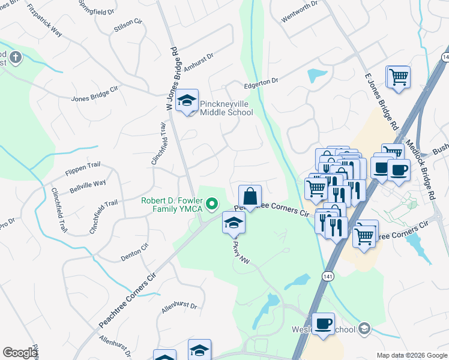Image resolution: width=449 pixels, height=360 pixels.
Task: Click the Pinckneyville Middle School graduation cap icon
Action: pyautogui.click(x=188, y=100)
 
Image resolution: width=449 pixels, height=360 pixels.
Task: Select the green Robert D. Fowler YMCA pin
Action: pyautogui.click(x=211, y=205)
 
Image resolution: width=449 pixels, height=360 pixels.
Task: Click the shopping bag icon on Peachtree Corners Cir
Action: pyautogui.click(x=250, y=196)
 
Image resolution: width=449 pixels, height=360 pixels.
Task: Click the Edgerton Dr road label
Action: pyautogui.click(x=261, y=83)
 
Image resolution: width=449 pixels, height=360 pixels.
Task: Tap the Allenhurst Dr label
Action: pyautogui.click(x=178, y=308)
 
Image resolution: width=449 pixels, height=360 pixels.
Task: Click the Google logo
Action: pyautogui.click(x=20, y=353)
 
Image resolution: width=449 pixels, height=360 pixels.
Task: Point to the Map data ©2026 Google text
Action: pyautogui.click(x=411, y=355)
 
